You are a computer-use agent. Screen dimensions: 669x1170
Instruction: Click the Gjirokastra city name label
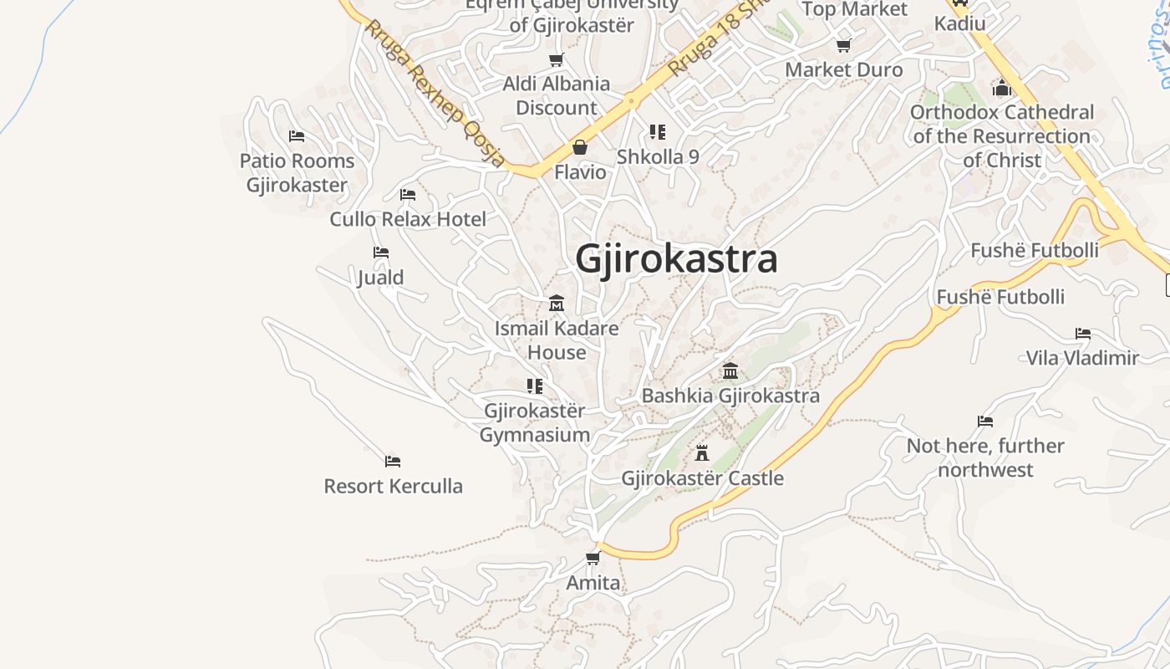[676, 258]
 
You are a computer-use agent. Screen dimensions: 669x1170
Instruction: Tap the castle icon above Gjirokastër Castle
[702, 453]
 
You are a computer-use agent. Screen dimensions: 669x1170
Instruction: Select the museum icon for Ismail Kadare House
[557, 303]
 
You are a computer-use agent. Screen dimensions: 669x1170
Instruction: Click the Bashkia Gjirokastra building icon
[730, 370]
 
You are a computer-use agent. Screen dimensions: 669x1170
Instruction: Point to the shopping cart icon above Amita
[593, 558]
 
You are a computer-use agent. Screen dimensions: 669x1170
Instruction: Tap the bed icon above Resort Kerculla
[393, 462]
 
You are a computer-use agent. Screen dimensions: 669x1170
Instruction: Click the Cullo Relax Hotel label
[408, 219]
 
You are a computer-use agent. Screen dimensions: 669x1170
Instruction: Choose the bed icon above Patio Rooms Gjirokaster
[297, 136]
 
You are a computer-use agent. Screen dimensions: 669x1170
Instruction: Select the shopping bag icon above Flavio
[580, 148]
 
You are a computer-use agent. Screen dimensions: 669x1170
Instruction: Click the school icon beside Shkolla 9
[658, 132]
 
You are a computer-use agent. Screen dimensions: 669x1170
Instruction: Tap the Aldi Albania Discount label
[557, 95]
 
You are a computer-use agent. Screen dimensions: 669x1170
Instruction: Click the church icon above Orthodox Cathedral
[1002, 88]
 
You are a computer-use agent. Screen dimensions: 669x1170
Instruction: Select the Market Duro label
[844, 69]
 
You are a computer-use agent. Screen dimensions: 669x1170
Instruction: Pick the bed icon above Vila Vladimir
[1083, 334]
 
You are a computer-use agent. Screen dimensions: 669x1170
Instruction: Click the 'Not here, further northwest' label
[985, 457]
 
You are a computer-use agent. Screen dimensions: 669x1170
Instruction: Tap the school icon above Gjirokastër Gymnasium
[535, 386]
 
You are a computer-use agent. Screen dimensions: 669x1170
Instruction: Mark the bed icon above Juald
[381, 253]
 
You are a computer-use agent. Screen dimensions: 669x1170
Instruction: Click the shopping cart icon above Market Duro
[844, 45]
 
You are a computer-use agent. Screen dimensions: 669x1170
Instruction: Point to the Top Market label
[854, 9]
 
